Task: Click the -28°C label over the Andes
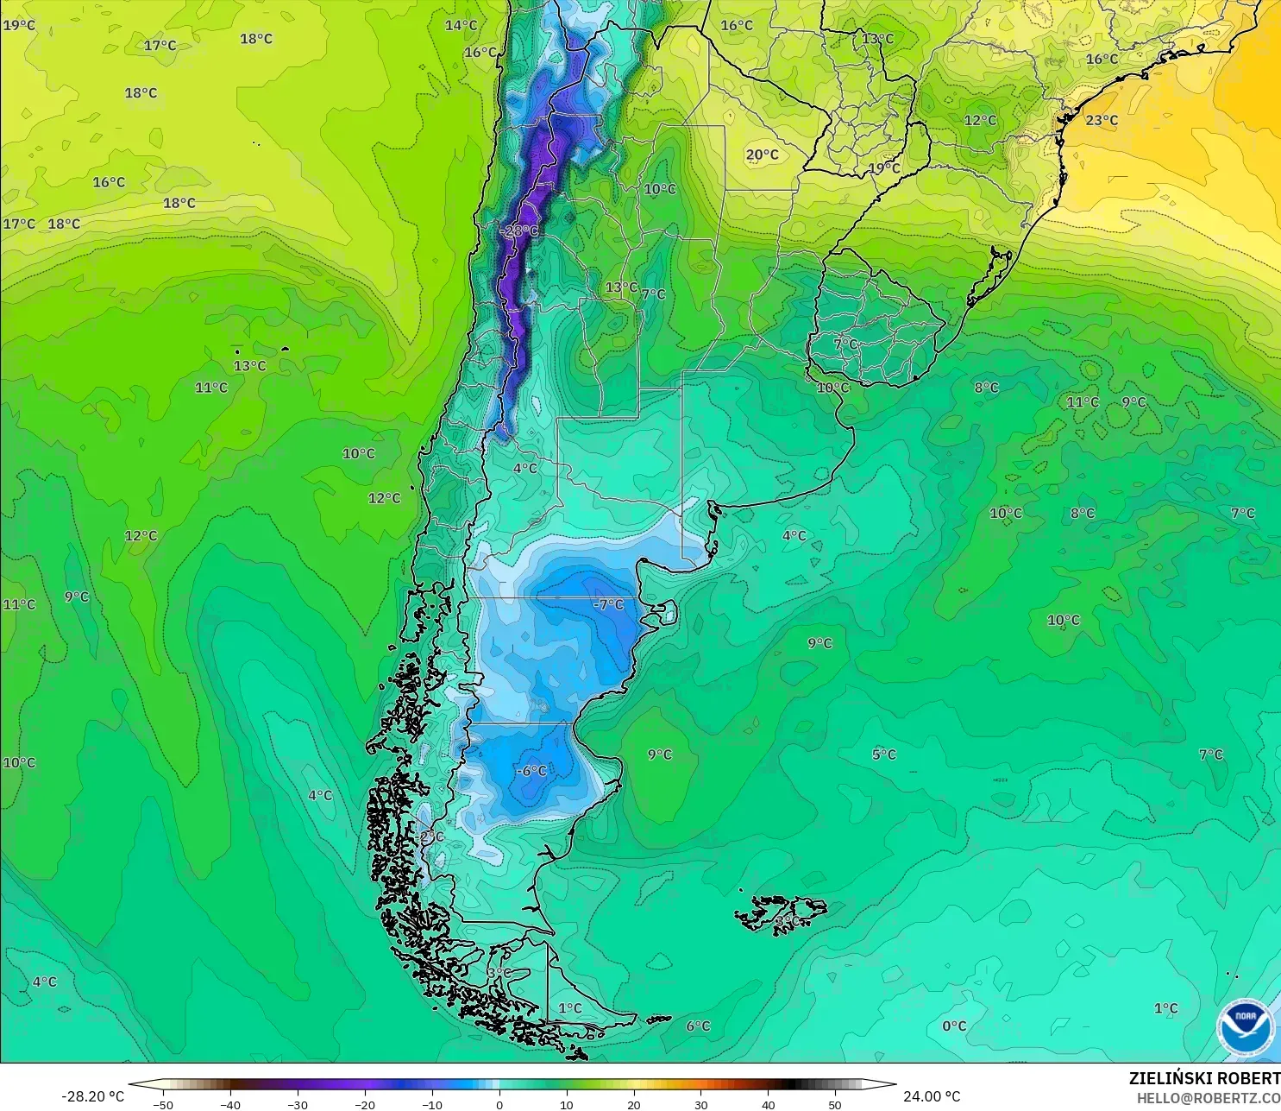tap(518, 230)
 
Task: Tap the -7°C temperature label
tap(608, 604)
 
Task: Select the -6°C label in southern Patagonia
tap(531, 770)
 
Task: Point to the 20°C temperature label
tap(762, 155)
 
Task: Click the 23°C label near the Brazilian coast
tap(1102, 120)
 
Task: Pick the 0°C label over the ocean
tap(954, 1026)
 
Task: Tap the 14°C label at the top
tap(461, 25)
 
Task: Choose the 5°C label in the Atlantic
tap(883, 754)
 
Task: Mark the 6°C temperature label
tap(698, 1026)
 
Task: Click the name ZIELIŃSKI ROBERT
tap(1204, 1078)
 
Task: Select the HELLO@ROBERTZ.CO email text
tap(1208, 1098)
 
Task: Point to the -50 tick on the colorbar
tap(162, 1104)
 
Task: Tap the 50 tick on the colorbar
tap(834, 1104)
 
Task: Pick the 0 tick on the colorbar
tap(499, 1104)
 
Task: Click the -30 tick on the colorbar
tap(297, 1104)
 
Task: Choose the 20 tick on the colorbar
tap(633, 1104)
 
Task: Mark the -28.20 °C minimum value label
tap(92, 1096)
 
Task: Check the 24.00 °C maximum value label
tap(932, 1096)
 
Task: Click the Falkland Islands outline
tap(781, 912)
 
